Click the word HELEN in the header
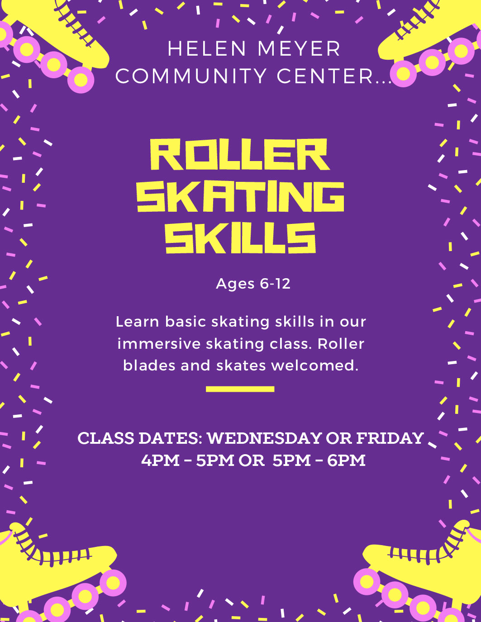pyautogui.click(x=206, y=49)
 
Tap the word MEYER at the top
pyautogui.click(x=299, y=49)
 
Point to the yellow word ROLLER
pyautogui.click(x=240, y=155)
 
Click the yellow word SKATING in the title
pyautogui.click(x=241, y=196)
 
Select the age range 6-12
pyautogui.click(x=275, y=284)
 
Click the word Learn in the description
pyautogui.click(x=137, y=322)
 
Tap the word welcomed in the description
pyautogui.click(x=315, y=366)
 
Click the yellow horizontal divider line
pyautogui.click(x=240, y=389)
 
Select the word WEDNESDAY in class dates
pyautogui.click(x=265, y=438)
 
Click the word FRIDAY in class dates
pyautogui.click(x=390, y=438)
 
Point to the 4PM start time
pyautogui.click(x=160, y=461)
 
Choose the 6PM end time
pyautogui.click(x=346, y=461)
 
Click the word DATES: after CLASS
pyautogui.click(x=171, y=438)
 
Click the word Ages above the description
pyautogui.click(x=235, y=284)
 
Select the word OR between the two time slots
pyautogui.click(x=252, y=461)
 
